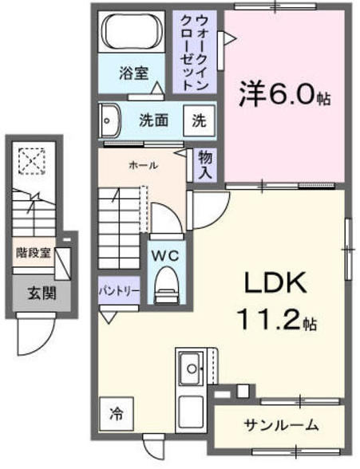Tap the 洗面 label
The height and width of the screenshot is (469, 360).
click(x=152, y=120)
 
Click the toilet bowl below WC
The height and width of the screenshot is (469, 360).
click(x=166, y=282)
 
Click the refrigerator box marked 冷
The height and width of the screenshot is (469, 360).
click(x=117, y=413)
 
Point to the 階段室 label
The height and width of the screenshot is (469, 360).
click(x=34, y=253)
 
